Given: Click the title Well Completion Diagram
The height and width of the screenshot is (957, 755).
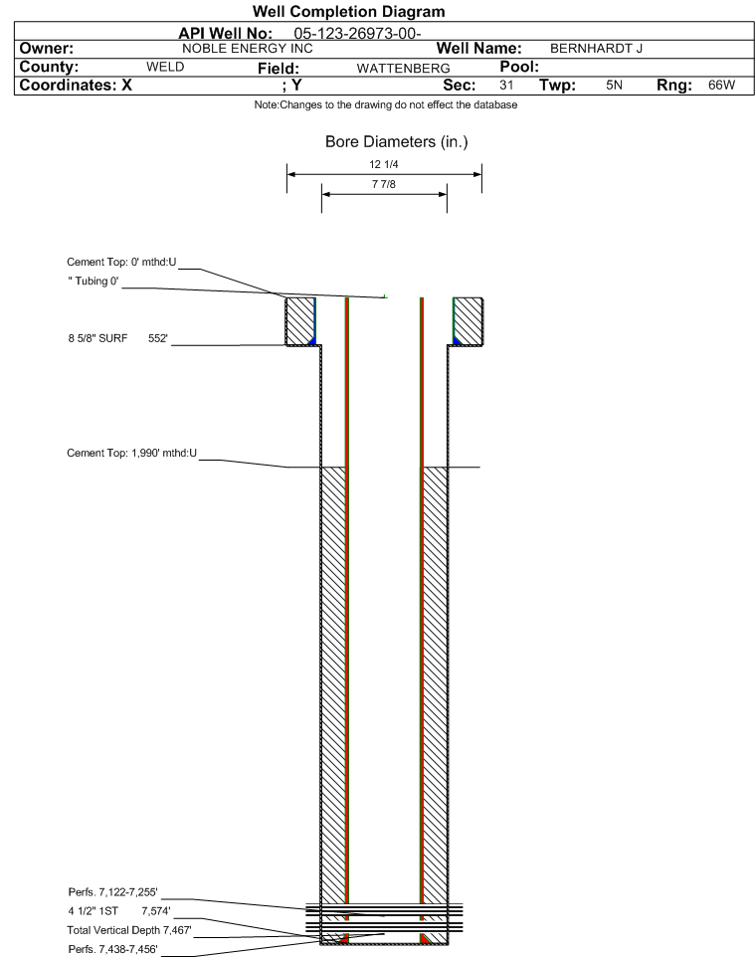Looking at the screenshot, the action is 348,12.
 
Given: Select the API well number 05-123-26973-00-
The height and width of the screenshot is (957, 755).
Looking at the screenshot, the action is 357,34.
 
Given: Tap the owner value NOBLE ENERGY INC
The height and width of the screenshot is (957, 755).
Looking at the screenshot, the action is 248,49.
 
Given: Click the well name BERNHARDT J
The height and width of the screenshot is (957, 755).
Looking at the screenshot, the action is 596,49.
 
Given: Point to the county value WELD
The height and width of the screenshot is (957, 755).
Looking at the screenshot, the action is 165,67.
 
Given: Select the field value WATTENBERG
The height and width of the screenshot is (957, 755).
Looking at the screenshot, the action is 404,69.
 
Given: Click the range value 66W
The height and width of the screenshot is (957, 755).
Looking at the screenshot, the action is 721,85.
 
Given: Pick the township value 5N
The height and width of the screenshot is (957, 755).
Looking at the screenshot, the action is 614,85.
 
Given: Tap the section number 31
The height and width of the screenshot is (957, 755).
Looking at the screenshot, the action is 506,85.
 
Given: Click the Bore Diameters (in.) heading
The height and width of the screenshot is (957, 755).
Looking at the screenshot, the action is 396,142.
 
